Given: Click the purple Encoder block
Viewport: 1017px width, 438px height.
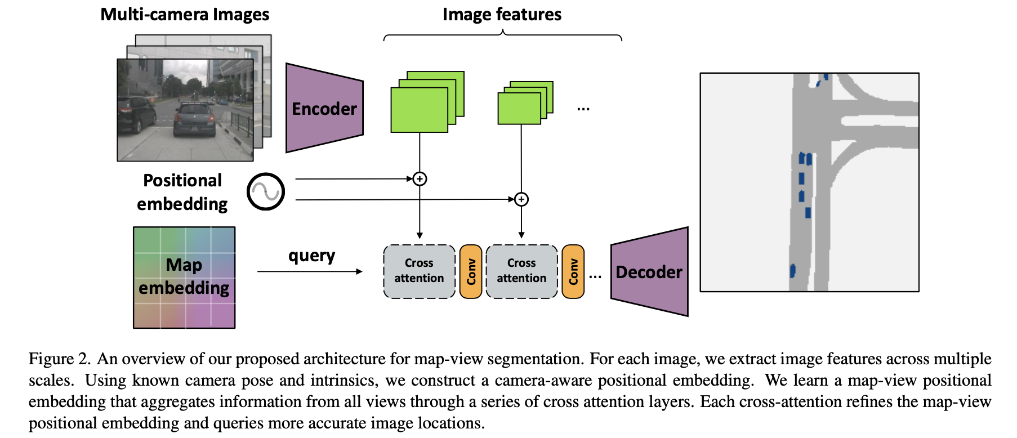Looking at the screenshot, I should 324,108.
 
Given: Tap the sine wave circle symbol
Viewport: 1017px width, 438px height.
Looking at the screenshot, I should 266,192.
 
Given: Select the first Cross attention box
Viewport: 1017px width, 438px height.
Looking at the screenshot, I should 419,271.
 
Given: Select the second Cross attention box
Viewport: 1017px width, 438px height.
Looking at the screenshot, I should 521,271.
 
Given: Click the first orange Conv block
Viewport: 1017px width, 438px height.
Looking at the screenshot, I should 471,271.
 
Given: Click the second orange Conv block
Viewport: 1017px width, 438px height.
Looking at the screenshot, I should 573,271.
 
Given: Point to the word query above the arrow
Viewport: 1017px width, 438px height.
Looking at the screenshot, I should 311,256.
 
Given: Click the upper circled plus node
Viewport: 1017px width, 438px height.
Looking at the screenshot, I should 420,179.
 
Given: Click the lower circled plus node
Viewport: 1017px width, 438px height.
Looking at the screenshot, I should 521,199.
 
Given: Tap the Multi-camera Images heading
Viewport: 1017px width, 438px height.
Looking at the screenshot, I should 185,14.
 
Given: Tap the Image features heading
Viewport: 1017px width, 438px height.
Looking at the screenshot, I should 502,14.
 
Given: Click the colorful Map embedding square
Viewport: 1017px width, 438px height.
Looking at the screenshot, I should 184,277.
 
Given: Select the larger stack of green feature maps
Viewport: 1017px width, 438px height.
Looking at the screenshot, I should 426,102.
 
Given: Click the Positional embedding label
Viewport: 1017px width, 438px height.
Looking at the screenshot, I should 182,192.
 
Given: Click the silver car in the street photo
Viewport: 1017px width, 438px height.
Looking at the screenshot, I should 194,120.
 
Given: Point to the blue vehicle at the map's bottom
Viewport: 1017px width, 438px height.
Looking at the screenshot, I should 792,271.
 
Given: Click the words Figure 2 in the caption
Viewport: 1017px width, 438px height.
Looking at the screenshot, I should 59,359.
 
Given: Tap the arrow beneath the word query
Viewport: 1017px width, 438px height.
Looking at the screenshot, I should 310,271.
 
